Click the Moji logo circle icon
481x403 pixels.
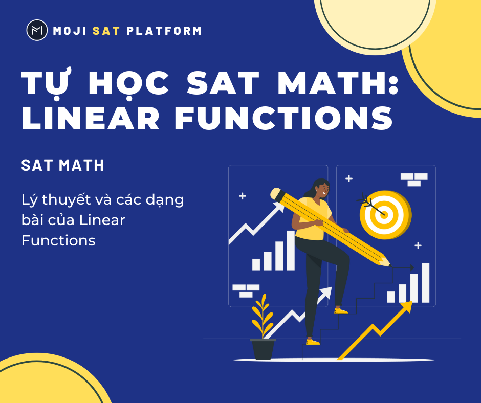(x=37, y=30)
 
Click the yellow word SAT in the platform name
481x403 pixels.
(x=106, y=31)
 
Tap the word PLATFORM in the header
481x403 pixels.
(x=164, y=31)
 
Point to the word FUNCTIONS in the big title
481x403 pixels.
(x=284, y=119)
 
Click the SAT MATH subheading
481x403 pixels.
(x=63, y=165)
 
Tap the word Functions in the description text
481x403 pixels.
(x=58, y=240)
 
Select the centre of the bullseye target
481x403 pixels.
(x=385, y=214)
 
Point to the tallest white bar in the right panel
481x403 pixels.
(x=425, y=282)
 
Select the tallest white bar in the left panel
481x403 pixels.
(x=291, y=250)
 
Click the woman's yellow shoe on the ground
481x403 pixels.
(x=312, y=342)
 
